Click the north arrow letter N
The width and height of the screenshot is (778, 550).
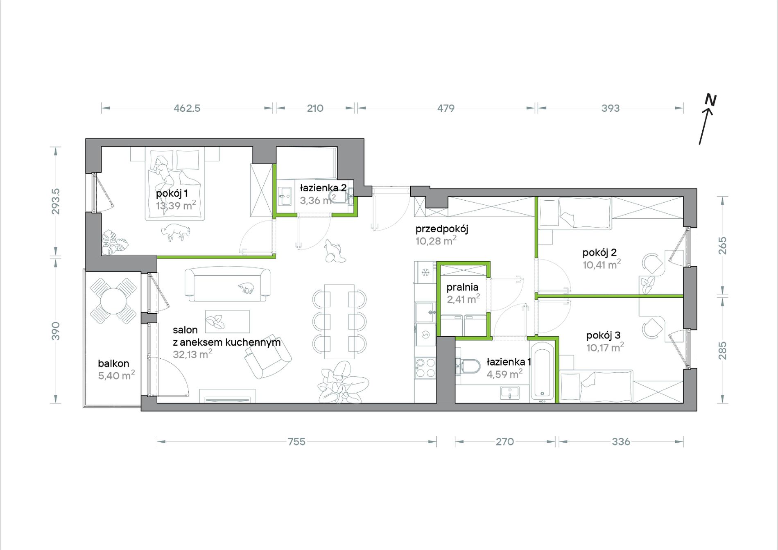tap(710, 100)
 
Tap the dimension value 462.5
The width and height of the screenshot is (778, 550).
tap(187, 109)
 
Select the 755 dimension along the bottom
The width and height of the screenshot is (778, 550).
tap(296, 441)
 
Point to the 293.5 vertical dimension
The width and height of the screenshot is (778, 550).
tap(56, 201)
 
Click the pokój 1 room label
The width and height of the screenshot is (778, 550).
tap(172, 193)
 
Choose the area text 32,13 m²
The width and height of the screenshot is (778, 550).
tap(192, 354)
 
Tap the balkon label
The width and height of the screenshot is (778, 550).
tap(113, 363)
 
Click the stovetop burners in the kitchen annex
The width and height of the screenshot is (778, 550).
tap(425, 367)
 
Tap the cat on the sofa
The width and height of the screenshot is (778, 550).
tap(247, 288)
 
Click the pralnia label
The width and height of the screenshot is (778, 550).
tap(462, 287)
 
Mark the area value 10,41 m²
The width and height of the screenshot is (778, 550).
tap(602, 265)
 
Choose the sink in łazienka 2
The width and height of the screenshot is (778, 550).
tap(285, 197)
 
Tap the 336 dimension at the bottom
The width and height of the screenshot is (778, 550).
tap(621, 441)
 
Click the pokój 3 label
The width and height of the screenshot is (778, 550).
tap(603, 335)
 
